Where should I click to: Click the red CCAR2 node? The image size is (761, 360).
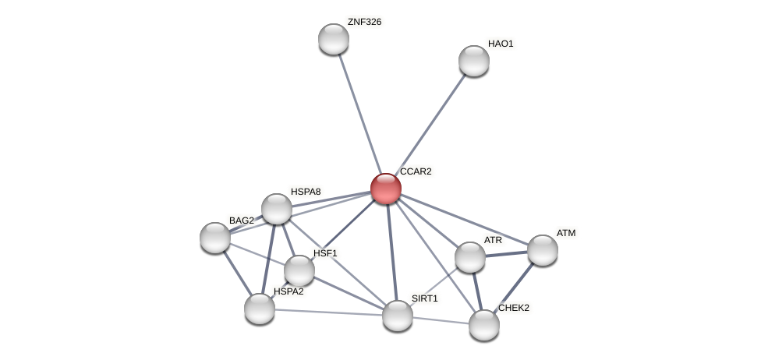point(386,189)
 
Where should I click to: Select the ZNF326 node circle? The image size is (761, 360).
point(334,39)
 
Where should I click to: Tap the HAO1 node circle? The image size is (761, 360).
point(474,61)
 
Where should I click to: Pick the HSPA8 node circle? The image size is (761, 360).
point(277,209)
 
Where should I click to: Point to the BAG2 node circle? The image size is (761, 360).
point(215,238)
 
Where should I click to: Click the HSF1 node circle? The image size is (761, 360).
point(299,270)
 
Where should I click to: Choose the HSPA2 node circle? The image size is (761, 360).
point(260,309)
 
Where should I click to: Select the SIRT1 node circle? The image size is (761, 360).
point(398,316)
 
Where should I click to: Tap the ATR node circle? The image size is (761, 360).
point(470,257)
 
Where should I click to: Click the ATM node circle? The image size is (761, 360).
point(543,250)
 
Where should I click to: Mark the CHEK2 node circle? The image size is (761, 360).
point(484,325)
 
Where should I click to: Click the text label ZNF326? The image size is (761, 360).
point(364,22)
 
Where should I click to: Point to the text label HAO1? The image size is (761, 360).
point(501,44)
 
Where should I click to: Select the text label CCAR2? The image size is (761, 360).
point(416,171)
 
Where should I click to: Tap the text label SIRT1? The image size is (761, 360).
point(425,298)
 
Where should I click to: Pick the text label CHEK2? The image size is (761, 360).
point(514,308)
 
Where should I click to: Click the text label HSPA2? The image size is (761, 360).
point(288,291)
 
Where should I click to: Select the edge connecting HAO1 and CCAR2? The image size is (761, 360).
point(431,123)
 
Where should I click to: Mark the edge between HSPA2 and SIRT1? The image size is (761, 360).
point(327,312)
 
